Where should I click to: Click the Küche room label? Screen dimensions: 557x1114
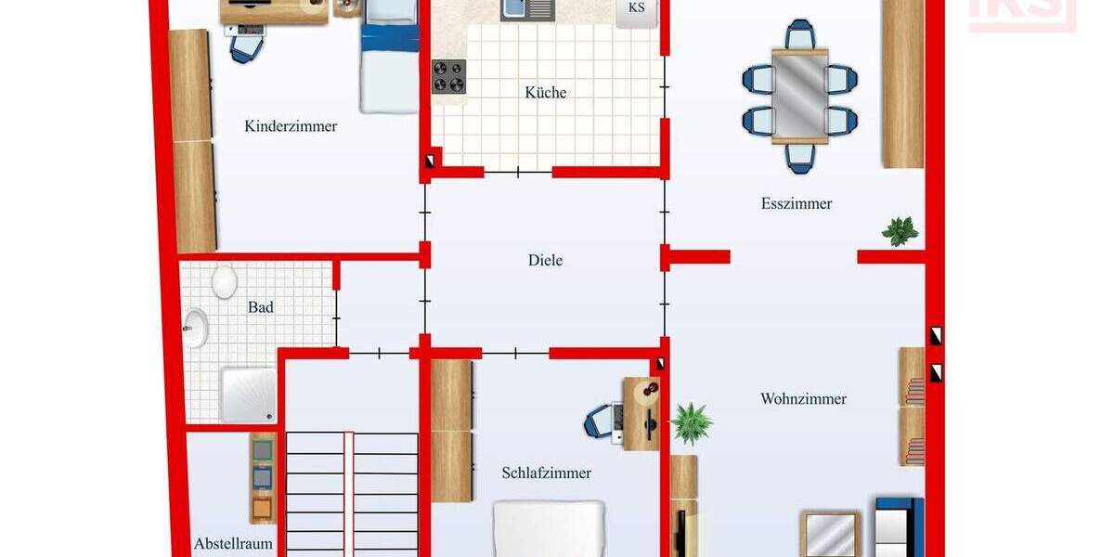pyautogui.click(x=545, y=93)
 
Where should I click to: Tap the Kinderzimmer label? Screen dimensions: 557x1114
pyautogui.click(x=291, y=126)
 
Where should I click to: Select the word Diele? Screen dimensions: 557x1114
pyautogui.click(x=545, y=261)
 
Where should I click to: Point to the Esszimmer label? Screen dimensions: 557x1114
pyautogui.click(x=797, y=204)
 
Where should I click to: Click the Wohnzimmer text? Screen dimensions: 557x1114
pyautogui.click(x=803, y=399)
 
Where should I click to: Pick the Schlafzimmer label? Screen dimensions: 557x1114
pyautogui.click(x=546, y=473)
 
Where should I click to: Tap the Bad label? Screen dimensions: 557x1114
pyautogui.click(x=261, y=307)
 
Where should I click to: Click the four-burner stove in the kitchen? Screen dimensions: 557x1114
pyautogui.click(x=448, y=76)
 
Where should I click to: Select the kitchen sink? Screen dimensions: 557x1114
pyautogui.click(x=526, y=9)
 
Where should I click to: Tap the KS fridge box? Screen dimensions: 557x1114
pyautogui.click(x=637, y=10)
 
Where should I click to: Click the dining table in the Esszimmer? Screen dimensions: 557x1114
pyautogui.click(x=800, y=97)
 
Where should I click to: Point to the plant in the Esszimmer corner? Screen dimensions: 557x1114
pyautogui.click(x=900, y=230)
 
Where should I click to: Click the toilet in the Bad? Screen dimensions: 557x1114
pyautogui.click(x=225, y=281)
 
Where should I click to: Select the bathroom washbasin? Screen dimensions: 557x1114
pyautogui.click(x=195, y=330)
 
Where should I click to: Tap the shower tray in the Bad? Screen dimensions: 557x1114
pyautogui.click(x=248, y=395)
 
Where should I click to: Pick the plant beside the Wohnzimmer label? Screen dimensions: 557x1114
pyautogui.click(x=692, y=423)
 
